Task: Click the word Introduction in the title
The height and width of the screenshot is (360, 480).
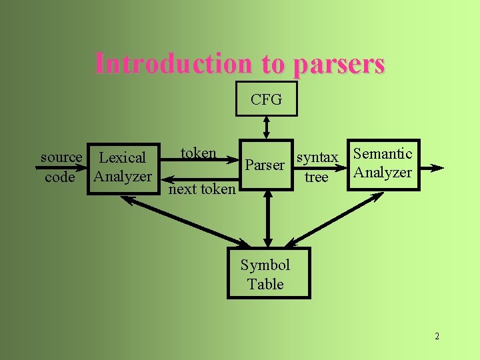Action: pyautogui.click(x=174, y=64)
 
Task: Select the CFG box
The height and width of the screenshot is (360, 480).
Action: pyautogui.click(x=267, y=100)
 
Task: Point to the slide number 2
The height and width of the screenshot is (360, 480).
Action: pyautogui.click(x=437, y=336)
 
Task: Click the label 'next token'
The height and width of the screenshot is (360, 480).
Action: pyautogui.click(x=202, y=189)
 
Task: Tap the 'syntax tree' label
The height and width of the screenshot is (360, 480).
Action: pyautogui.click(x=317, y=167)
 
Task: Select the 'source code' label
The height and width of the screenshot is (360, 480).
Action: pyautogui.click(x=60, y=167)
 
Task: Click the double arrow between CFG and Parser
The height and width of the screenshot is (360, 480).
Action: pyautogui.click(x=267, y=127)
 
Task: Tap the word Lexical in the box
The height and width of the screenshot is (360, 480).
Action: pyautogui.click(x=122, y=158)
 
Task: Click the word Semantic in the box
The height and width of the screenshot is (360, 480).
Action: pyautogui.click(x=383, y=154)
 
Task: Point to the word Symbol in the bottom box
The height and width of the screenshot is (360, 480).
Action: pyautogui.click(x=265, y=265)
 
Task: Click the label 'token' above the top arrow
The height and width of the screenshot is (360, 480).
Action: pyautogui.click(x=199, y=153)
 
